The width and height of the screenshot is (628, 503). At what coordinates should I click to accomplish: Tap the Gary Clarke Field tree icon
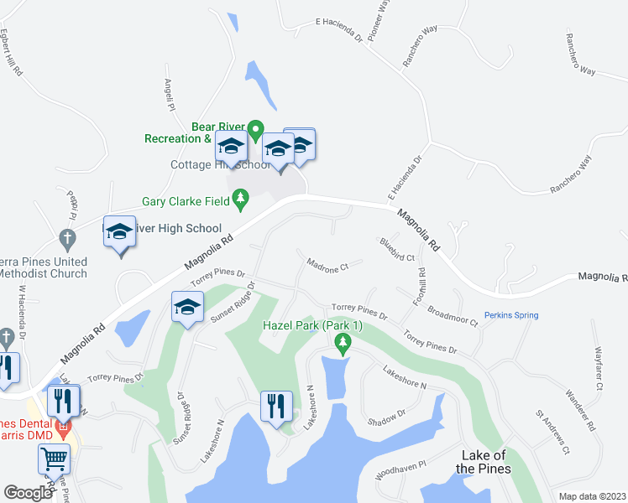[x=242, y=199]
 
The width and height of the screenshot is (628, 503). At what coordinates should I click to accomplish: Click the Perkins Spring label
[x=511, y=315]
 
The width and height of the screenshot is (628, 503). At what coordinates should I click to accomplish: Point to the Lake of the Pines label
[x=484, y=462]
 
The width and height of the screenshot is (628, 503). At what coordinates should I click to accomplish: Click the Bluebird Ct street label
[x=397, y=250]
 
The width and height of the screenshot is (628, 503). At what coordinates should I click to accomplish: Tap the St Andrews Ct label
[x=553, y=431]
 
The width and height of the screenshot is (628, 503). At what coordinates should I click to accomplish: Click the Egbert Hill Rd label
[x=9, y=54]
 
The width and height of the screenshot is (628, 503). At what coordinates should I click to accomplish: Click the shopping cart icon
[x=55, y=459]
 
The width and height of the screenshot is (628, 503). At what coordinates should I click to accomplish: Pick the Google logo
[x=28, y=493]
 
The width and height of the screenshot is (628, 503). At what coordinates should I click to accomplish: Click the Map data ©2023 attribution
[x=592, y=496]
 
